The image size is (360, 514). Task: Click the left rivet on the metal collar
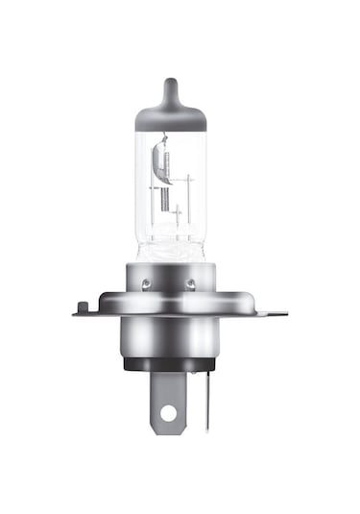146,283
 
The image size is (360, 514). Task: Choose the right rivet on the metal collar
191,283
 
